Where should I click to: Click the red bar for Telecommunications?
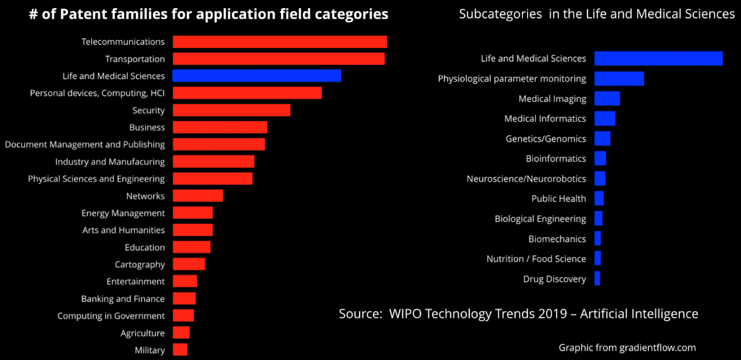click(280, 42)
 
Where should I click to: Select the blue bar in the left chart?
click(256, 76)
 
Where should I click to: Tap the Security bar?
click(231, 110)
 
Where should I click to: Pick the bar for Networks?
click(198, 196)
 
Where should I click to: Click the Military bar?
click(180, 350)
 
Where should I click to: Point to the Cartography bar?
click(188, 264)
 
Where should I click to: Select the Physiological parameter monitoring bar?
click(619, 79)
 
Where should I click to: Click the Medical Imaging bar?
click(607, 98)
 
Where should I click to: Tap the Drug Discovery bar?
click(597, 279)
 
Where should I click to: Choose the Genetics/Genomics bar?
click(602, 139)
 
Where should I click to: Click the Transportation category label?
click(135, 59)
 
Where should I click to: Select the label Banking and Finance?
click(123, 299)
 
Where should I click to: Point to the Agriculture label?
click(142, 333)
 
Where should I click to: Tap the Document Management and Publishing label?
click(85, 145)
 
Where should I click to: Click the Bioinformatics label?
click(556, 159)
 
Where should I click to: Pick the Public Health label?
click(559, 198)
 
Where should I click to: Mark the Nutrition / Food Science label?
click(536, 259)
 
